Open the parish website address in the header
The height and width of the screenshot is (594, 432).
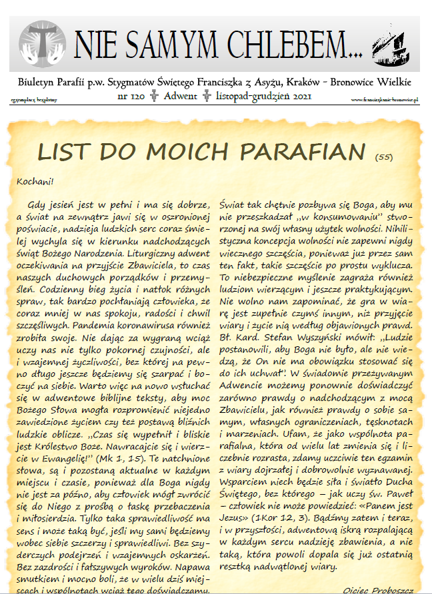coord(385,99)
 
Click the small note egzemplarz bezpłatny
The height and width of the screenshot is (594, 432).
coord(34,99)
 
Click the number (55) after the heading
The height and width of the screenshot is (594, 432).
coord(383,157)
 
